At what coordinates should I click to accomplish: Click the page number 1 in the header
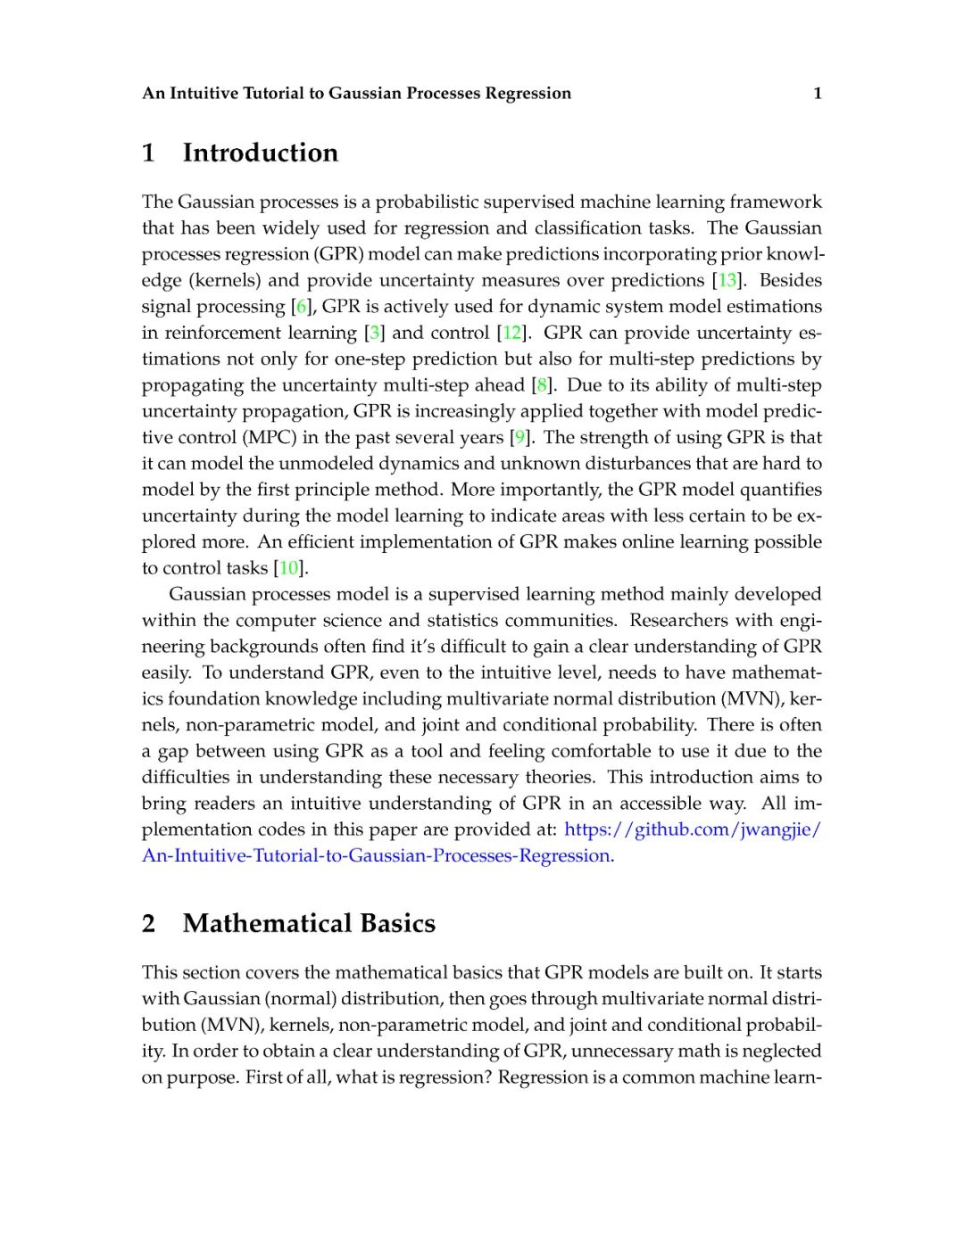(x=817, y=94)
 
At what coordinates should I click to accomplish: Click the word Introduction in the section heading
(x=261, y=153)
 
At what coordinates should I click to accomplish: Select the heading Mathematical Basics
(x=309, y=923)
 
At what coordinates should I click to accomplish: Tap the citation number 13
(x=727, y=280)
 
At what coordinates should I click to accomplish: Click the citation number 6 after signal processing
(x=301, y=307)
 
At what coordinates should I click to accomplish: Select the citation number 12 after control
(x=511, y=333)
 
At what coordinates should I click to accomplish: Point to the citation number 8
(x=541, y=385)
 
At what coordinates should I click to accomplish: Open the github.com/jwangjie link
(x=693, y=829)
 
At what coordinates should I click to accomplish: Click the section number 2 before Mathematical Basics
(x=148, y=923)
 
